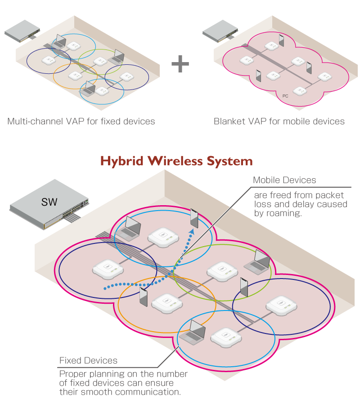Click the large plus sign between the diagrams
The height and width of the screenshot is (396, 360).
180,63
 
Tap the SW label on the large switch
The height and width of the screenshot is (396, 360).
49,202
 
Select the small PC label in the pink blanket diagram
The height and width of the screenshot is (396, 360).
285,96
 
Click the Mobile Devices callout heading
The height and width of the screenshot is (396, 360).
284,180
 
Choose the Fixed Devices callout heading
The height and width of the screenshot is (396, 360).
88,360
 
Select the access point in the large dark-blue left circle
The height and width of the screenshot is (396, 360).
108,269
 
